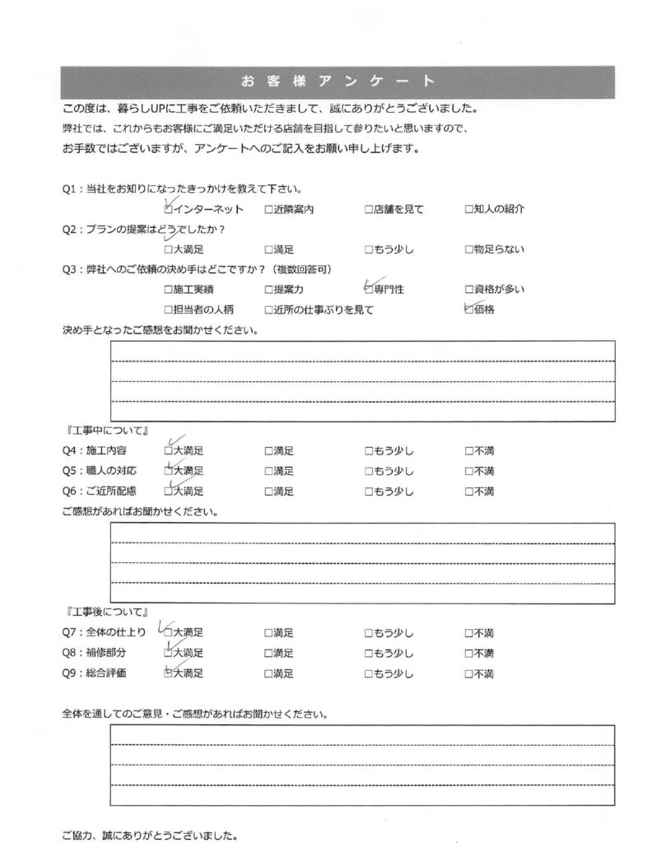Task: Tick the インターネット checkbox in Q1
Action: (169, 210)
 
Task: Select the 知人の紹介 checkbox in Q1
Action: (468, 210)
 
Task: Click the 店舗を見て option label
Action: (398, 210)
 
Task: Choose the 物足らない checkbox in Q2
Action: (468, 249)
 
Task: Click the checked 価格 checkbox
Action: (468, 310)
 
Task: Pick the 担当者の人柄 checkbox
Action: (169, 310)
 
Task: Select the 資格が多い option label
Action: (499, 290)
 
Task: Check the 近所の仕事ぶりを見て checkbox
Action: (268, 310)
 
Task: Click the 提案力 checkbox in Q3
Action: (268, 290)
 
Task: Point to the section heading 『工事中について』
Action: (105, 431)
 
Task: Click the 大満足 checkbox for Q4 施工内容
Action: (169, 451)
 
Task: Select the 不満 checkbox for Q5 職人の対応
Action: (468, 472)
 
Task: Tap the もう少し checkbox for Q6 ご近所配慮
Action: (369, 491)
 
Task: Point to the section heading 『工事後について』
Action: (105, 612)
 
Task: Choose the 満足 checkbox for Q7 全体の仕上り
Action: (268, 633)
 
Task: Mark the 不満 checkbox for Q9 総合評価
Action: (468, 673)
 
